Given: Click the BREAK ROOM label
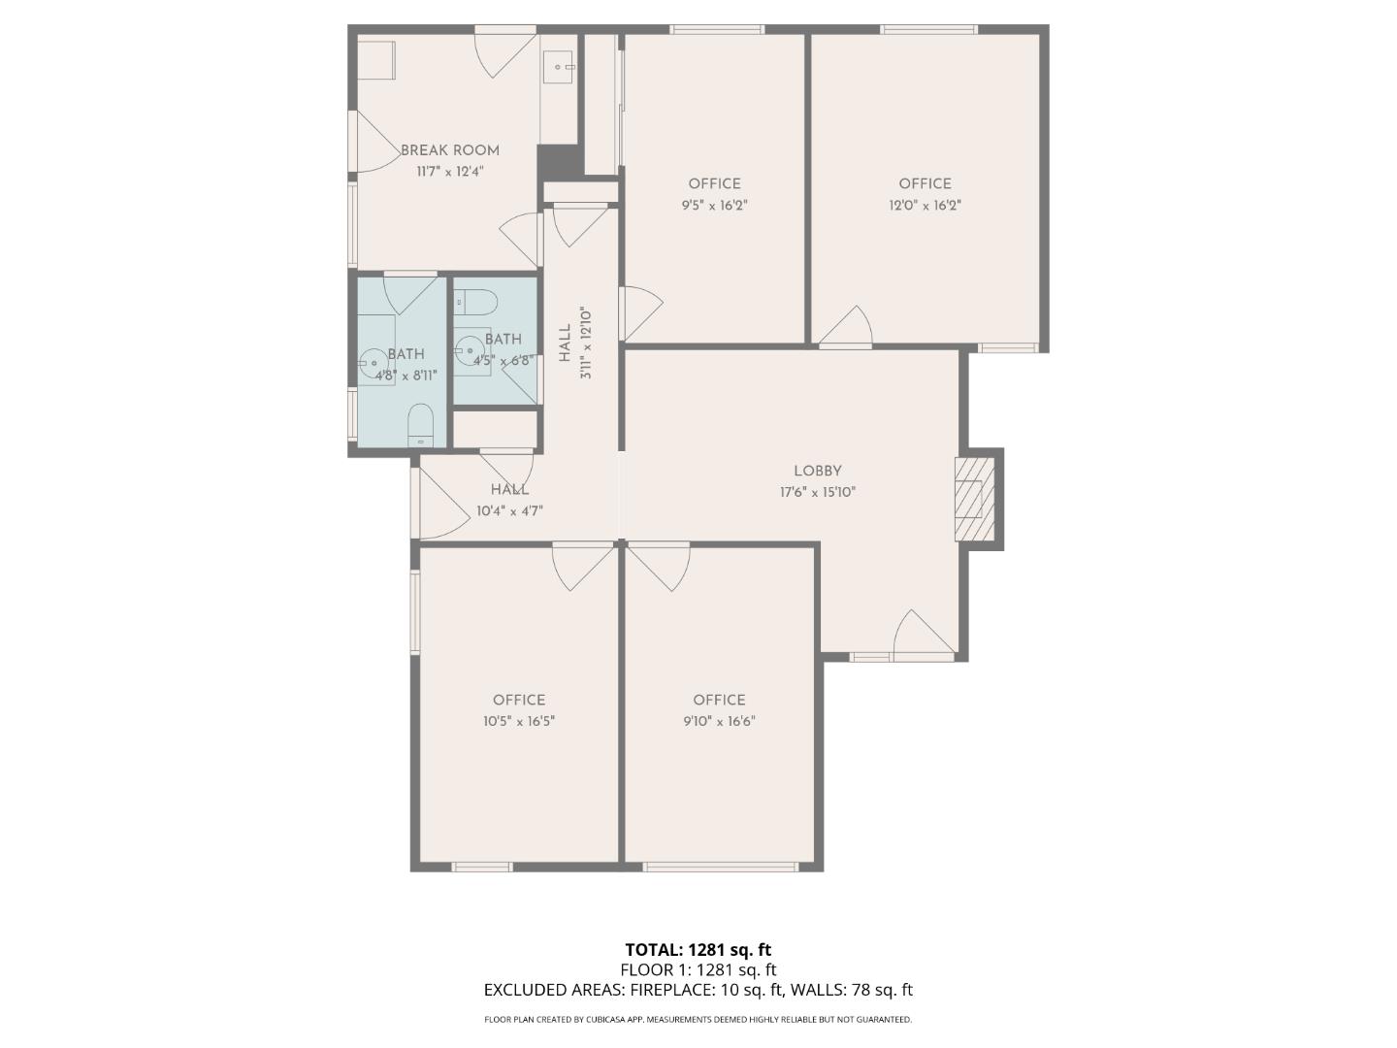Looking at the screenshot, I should click(450, 150).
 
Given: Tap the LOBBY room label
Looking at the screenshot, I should click(817, 471).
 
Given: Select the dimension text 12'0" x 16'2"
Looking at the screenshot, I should click(925, 206).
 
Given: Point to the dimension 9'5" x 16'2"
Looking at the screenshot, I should click(714, 206).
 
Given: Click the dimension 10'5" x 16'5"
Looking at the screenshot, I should click(519, 722).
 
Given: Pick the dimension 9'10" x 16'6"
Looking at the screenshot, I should click(719, 722).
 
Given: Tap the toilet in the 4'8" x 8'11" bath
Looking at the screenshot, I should click(420, 424).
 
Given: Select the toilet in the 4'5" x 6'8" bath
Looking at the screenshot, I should click(477, 302).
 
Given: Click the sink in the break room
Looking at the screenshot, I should click(559, 66).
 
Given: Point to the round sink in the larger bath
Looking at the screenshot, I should click(374, 363).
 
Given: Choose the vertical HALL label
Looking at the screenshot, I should click(565, 344).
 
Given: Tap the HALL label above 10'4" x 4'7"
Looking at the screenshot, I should click(509, 490).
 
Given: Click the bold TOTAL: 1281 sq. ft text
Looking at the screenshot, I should click(698, 950).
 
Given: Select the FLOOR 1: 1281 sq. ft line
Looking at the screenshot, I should click(698, 969).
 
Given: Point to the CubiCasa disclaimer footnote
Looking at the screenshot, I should click(698, 1020).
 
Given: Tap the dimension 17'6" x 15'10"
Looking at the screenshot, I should click(817, 492).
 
